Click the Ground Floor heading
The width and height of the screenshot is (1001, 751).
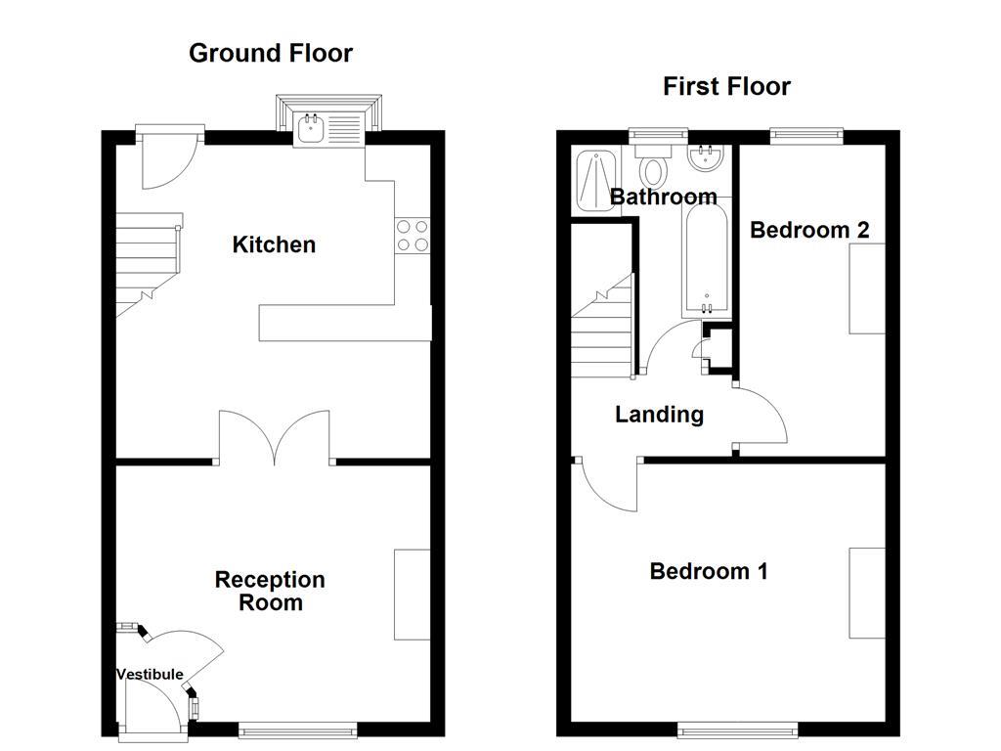tap(271, 53)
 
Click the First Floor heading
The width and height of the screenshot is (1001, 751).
tap(726, 86)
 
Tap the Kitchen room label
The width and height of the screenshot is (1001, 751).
tap(274, 244)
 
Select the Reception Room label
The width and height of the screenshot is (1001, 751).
tap(270, 591)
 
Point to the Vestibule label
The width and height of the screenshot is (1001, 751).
tap(150, 675)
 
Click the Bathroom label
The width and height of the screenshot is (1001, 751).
tap(664, 197)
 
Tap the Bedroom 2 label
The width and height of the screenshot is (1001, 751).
tap(809, 230)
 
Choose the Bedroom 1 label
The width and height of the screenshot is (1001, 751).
tap(709, 571)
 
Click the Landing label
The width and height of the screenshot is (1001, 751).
tap(660, 415)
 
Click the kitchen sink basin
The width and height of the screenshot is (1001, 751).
tap(311, 130)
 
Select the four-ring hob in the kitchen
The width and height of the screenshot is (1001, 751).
tap(413, 236)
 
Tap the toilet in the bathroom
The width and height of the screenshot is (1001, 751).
tap(652, 164)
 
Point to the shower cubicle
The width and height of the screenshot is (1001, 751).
tap(595, 181)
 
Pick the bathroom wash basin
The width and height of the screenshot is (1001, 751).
tap(706, 157)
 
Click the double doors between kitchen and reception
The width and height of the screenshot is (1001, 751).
tap(275, 437)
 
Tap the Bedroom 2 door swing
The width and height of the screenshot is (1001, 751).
tap(761, 415)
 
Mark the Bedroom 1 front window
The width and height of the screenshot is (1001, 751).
tap(737, 729)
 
